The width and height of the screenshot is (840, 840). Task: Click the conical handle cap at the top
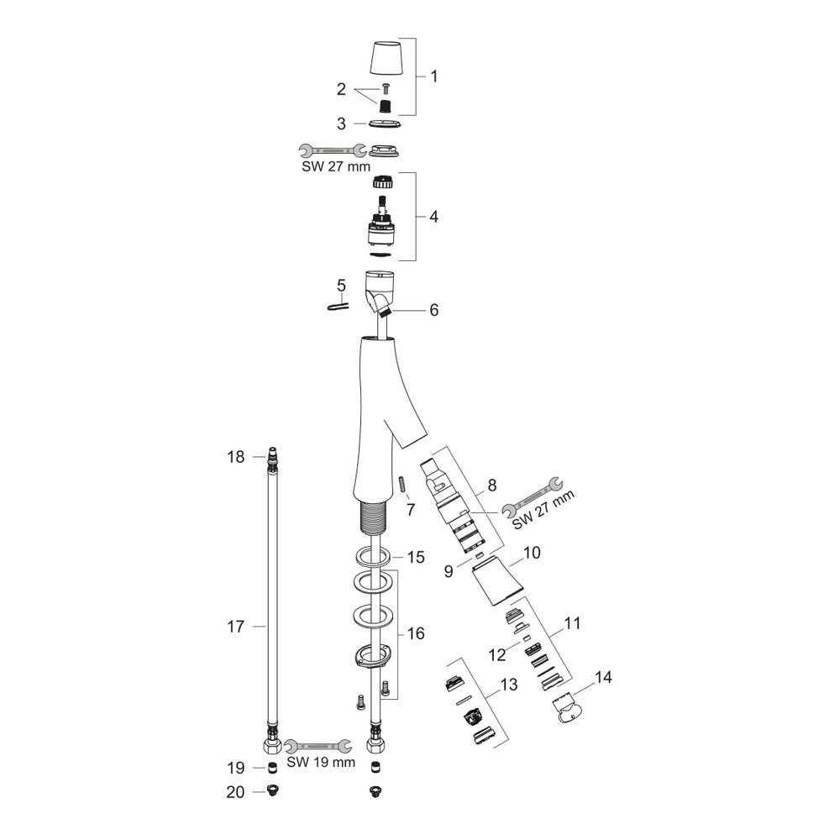tap(385, 57)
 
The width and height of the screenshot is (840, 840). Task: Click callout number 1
tap(434, 76)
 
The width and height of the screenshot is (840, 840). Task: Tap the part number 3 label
tap(341, 123)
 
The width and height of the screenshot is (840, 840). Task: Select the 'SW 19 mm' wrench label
tap(321, 762)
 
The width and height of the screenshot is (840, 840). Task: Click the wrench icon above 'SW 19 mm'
tap(318, 745)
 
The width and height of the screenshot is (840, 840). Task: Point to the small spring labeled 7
tap(402, 486)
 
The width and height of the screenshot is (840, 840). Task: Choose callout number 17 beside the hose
tap(236, 627)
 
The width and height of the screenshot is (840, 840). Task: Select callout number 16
tap(416, 633)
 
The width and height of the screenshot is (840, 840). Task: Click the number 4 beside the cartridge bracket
tap(434, 217)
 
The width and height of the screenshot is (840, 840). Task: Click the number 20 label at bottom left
tap(235, 792)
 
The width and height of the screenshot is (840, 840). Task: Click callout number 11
tap(572, 623)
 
